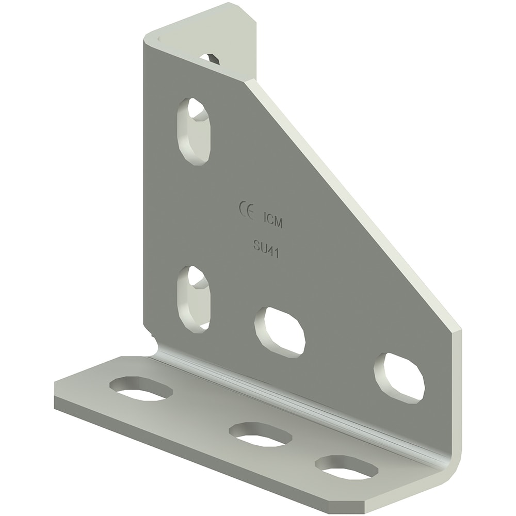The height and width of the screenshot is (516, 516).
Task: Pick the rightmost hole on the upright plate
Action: [x=399, y=377]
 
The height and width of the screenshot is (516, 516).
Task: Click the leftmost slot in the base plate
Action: [x=140, y=389]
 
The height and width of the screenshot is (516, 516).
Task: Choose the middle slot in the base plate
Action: [x=260, y=434]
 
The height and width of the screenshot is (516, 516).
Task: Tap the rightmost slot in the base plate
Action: [x=346, y=466]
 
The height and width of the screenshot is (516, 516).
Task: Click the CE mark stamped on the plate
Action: [x=246, y=211]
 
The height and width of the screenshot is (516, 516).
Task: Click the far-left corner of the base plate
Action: [x=56, y=392]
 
